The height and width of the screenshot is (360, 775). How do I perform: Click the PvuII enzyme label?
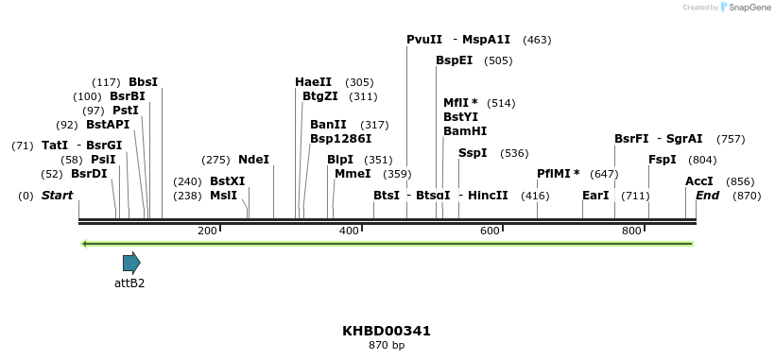tap(424, 40)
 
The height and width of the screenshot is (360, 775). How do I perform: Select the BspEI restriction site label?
tap(454, 60)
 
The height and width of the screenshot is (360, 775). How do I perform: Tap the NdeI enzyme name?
tap(253, 160)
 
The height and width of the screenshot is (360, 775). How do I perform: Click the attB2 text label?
tap(129, 283)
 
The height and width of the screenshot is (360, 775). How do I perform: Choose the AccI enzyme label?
tap(698, 181)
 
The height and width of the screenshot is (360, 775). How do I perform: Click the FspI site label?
tap(663, 160)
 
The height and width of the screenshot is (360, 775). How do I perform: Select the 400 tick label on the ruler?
tap(350, 231)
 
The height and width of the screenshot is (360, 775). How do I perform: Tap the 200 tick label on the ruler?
tap(207, 231)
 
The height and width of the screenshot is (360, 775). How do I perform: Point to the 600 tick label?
tap(490, 231)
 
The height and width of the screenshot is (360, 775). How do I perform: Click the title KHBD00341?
tap(387, 331)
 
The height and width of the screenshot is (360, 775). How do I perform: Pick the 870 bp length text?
tap(387, 346)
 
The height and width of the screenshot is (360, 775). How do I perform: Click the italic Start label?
tap(57, 196)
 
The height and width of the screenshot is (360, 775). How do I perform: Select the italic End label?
tap(708, 196)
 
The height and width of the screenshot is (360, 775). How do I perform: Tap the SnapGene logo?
tap(746, 8)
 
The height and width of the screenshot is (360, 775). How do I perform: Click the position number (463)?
tap(537, 40)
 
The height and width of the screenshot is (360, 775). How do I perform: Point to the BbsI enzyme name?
tap(143, 82)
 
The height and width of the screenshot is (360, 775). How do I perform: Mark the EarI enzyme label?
tap(595, 196)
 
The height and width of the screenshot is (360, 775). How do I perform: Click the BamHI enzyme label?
tap(465, 131)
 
